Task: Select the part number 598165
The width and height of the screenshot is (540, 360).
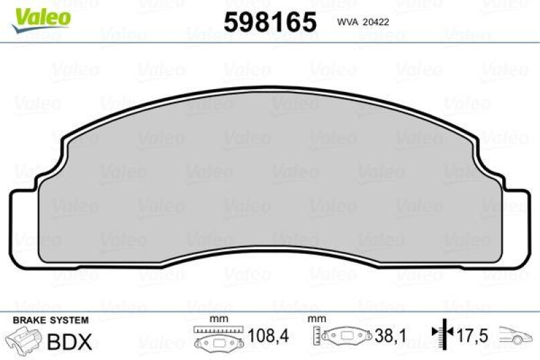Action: coord(270,22)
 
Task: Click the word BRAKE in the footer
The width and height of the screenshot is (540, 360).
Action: coord(24,319)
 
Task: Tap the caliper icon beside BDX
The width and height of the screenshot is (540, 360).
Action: coord(22,340)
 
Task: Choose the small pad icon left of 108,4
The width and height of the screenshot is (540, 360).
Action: coord(217,342)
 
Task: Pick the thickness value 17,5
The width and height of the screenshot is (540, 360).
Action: coord(475,336)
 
